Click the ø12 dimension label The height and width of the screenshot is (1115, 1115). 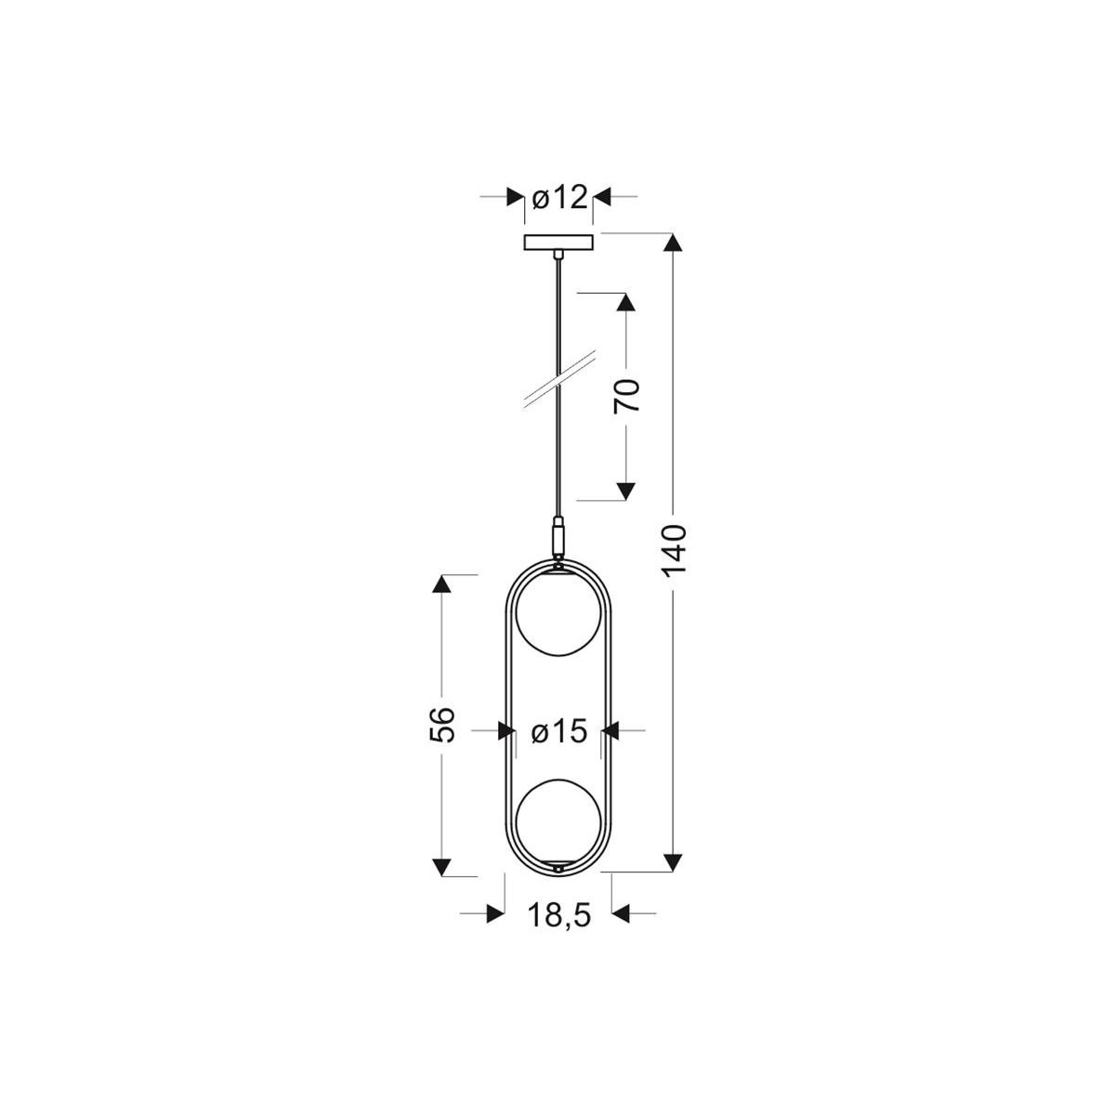(559, 197)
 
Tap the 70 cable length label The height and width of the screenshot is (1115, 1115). (628, 397)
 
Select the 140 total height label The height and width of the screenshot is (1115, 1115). (676, 550)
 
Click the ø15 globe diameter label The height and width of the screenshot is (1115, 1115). (559, 732)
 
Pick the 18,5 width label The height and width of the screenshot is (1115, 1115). (559, 915)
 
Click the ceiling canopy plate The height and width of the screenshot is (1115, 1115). (557, 243)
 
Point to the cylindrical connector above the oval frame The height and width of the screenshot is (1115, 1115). (557, 537)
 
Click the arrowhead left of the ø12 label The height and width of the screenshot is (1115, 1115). (514, 197)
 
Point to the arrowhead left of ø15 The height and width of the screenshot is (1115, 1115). (506, 732)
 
